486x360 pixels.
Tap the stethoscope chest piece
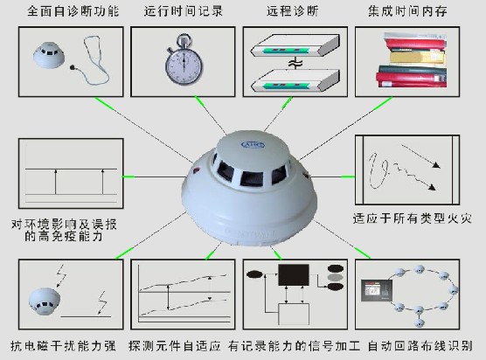[x=73, y=67]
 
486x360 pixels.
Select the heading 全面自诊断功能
[x=73, y=11]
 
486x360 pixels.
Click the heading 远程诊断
[x=293, y=11]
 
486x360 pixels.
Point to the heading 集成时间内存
[x=407, y=11]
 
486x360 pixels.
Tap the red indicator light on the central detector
[x=197, y=170]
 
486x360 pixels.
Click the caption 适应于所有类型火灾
[x=413, y=218]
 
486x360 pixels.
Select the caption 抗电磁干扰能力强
[x=63, y=346]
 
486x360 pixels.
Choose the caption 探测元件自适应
[x=175, y=346]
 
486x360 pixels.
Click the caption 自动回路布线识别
[x=420, y=346]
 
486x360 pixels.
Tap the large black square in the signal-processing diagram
[x=294, y=275]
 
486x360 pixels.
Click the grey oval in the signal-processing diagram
[x=336, y=277]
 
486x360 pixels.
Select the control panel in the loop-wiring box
[x=377, y=290]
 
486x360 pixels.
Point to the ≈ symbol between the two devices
[x=295, y=64]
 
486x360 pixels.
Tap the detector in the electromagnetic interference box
[x=44, y=301]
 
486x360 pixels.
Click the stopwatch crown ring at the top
[x=184, y=39]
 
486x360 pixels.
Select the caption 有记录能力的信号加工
[x=295, y=346]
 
